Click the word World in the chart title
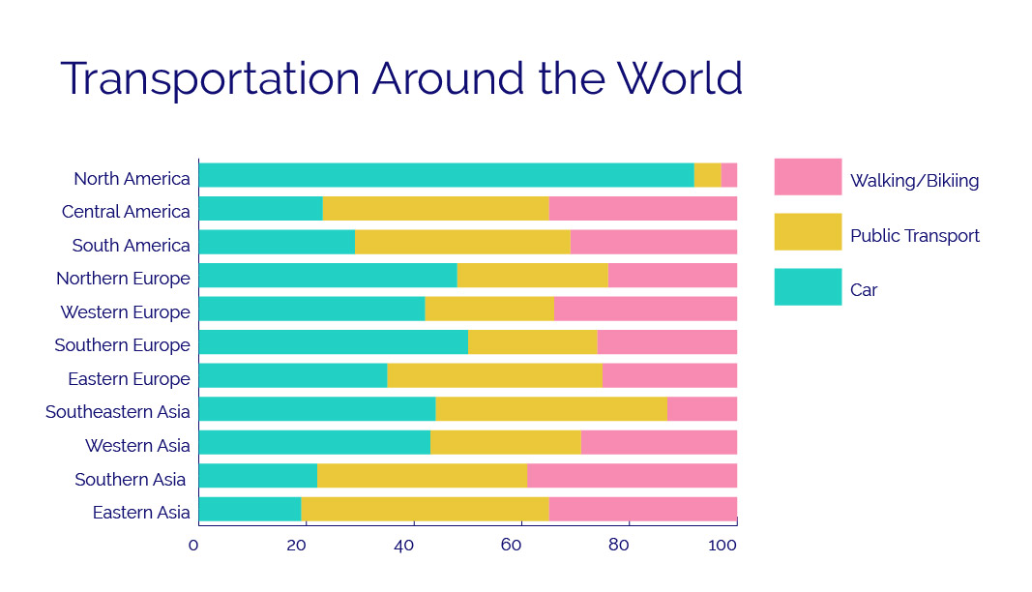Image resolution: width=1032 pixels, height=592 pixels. point(680,78)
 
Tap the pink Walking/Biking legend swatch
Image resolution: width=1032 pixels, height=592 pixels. point(808,177)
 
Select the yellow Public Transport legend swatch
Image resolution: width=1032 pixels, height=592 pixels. point(808,232)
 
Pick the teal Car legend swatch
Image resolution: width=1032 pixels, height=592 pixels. point(808,287)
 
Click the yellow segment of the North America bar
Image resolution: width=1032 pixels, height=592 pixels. point(707,175)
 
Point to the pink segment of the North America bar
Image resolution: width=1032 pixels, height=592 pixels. point(729,175)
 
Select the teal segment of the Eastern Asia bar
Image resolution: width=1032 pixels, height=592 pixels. point(250,509)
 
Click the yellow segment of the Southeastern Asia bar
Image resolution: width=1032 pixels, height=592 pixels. point(551,409)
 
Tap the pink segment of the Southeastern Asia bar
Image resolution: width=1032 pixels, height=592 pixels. point(702,409)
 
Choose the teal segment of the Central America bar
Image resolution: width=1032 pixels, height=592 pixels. point(260,209)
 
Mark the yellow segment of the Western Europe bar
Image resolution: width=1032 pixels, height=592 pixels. point(489,309)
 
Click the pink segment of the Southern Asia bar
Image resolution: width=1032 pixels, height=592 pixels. point(632,476)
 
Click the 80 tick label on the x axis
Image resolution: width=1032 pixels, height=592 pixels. point(618,545)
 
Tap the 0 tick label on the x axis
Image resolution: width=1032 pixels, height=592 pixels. point(193,545)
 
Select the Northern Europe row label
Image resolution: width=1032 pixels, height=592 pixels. point(123,279)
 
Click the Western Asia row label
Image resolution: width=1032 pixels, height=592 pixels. point(137,446)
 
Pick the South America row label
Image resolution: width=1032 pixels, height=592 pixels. point(131,245)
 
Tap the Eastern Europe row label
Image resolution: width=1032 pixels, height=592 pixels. point(129,379)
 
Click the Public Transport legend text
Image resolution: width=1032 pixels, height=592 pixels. point(914,236)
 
